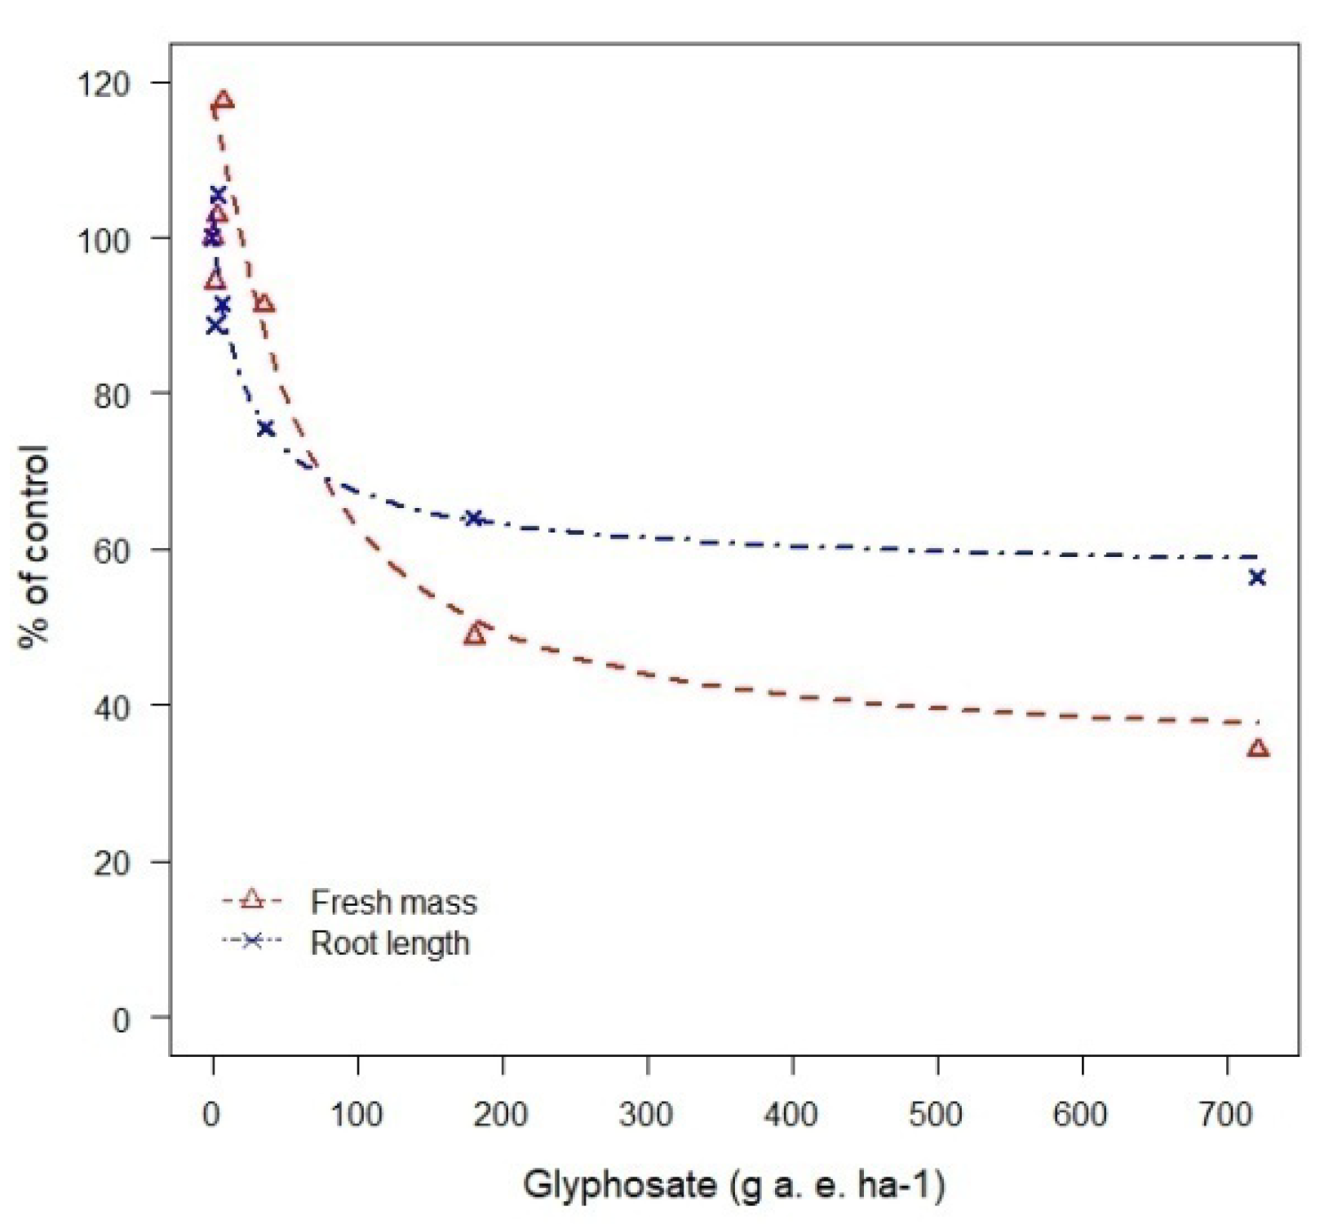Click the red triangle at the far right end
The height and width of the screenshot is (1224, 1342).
(1258, 748)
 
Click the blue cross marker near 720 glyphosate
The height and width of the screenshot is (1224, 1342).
(1257, 577)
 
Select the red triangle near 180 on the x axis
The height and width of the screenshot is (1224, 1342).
(475, 634)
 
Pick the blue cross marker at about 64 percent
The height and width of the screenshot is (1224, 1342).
(474, 518)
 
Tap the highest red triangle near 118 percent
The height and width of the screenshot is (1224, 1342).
(224, 102)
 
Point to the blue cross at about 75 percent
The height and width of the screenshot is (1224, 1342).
(265, 428)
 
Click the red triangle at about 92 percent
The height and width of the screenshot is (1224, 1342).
(264, 304)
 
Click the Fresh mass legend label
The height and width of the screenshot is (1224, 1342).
(393, 902)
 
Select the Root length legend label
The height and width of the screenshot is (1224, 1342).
(390, 943)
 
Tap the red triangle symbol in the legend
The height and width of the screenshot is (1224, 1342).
(252, 899)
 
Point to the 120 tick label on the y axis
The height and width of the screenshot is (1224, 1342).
(104, 83)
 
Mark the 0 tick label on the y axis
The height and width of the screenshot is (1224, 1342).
(121, 1019)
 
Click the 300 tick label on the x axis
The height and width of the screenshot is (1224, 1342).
(647, 1114)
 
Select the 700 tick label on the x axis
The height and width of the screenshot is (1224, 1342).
(1226, 1114)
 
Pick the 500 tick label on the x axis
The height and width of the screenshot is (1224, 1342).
(937, 1114)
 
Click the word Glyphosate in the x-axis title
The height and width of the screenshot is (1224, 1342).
(620, 1184)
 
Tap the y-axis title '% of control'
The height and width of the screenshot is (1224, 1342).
(34, 548)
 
